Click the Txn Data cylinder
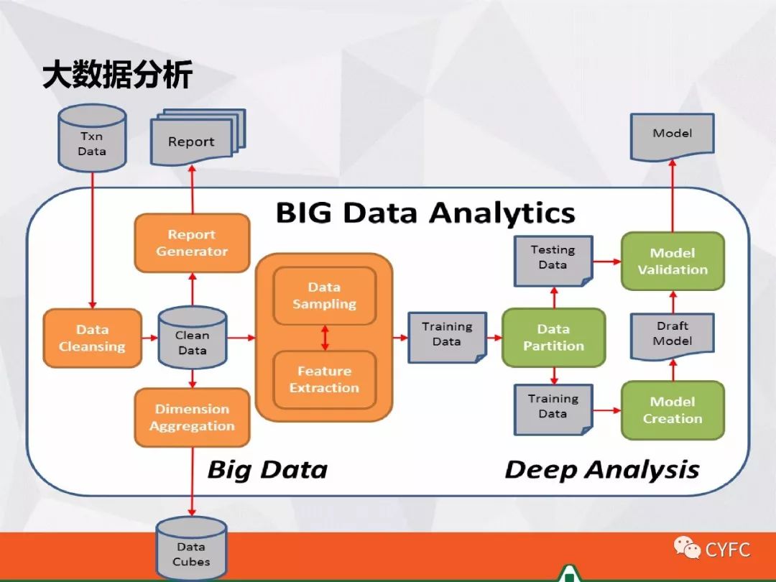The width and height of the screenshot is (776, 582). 92,142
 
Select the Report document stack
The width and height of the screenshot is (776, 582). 193,139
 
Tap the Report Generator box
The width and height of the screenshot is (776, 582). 192,243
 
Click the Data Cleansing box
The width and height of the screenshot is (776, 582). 92,338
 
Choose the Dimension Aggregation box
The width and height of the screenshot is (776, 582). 192,417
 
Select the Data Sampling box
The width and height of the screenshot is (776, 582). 324,295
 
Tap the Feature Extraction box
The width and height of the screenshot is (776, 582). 324,379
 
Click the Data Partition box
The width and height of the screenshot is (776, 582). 553,337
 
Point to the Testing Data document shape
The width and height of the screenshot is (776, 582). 553,259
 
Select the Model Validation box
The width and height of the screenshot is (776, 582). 673,261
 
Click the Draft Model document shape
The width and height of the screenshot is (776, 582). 673,335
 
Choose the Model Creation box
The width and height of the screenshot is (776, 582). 673,410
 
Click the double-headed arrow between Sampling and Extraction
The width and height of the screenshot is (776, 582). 325,338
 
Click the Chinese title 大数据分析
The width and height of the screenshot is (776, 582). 117,75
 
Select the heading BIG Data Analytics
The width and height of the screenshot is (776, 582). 425,213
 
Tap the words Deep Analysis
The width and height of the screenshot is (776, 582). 601,470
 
